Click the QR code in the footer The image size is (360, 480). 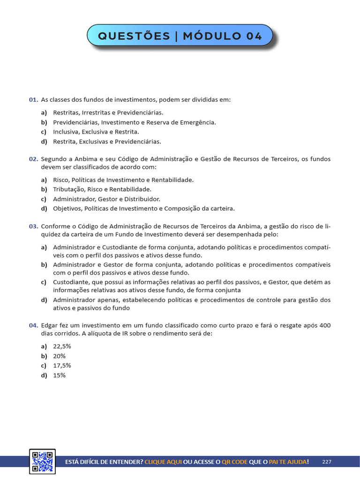[x=42, y=461]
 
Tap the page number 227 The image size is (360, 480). [x=327, y=462]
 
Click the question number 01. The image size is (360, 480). [x=33, y=100]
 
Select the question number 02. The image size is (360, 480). [x=33, y=159]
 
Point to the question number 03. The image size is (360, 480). [x=33, y=226]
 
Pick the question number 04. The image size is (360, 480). [x=33, y=325]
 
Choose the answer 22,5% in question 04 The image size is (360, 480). [x=62, y=346]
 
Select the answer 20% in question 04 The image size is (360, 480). [x=60, y=356]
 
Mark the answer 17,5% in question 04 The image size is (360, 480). [x=62, y=366]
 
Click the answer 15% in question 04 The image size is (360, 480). [x=60, y=375]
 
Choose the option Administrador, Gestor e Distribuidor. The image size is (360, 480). [x=106, y=199]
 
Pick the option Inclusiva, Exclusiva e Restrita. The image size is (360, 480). [x=96, y=132]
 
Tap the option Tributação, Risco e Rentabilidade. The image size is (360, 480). [x=102, y=189]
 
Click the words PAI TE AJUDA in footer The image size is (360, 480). [x=289, y=462]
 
